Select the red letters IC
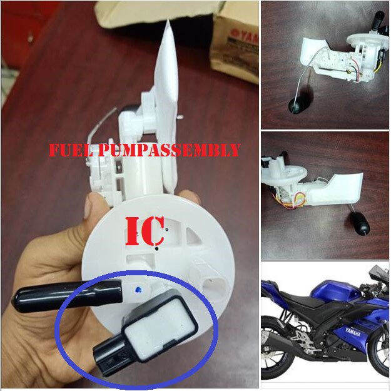[x=145, y=231]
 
